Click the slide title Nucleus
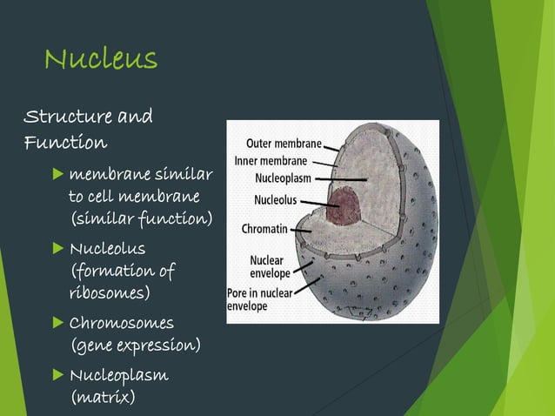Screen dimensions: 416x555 [x=101, y=58]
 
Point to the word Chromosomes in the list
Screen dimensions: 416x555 [x=122, y=323]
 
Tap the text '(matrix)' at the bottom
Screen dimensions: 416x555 [x=102, y=397]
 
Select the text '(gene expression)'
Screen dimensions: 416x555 [x=134, y=346]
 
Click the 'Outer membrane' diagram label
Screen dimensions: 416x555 [x=284, y=144]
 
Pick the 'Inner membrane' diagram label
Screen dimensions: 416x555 [x=271, y=161]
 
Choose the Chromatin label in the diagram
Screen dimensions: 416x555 [x=265, y=230]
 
